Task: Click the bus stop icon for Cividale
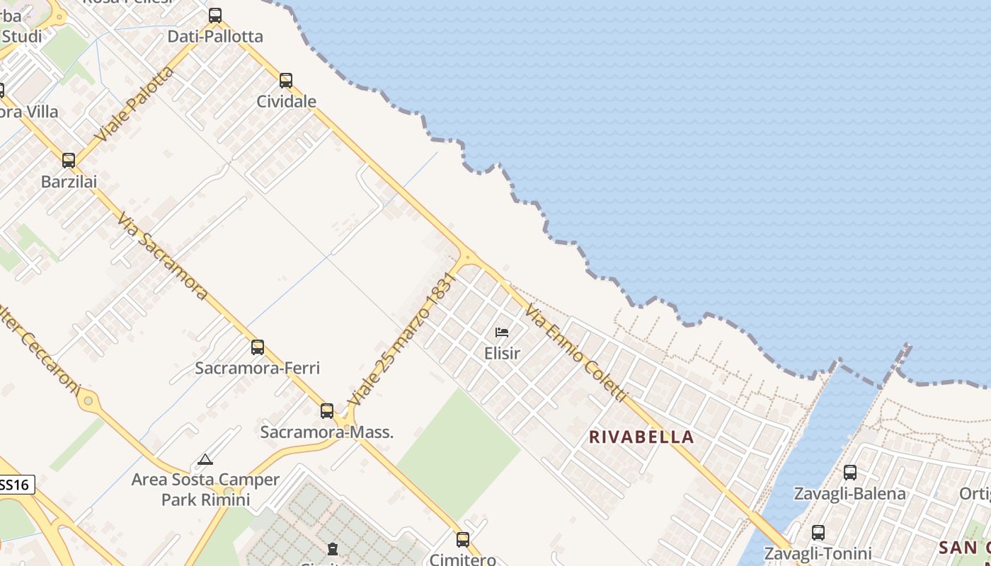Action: click(286, 81)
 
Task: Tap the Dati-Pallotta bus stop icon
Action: click(215, 16)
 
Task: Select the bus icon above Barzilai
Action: click(69, 161)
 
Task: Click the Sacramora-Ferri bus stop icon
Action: click(258, 347)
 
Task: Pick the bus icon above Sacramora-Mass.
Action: click(327, 411)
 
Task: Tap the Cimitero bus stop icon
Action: click(463, 540)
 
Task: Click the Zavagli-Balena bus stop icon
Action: click(850, 473)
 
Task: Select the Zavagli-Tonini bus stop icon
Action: click(818, 533)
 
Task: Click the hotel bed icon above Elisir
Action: click(502, 333)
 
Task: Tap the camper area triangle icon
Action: click(205, 460)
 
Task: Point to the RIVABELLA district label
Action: click(641, 437)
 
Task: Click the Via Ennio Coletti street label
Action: click(576, 352)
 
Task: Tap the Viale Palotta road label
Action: click(136, 103)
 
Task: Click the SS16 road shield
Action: click(15, 485)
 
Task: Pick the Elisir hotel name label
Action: click(502, 352)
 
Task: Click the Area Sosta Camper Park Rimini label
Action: click(205, 490)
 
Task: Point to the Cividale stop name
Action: click(286, 101)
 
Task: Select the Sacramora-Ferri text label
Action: click(258, 368)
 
